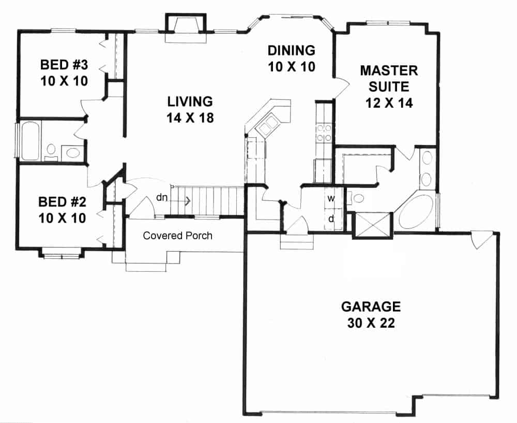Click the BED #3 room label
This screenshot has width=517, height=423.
click(x=64, y=72)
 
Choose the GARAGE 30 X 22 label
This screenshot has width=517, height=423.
click(x=371, y=314)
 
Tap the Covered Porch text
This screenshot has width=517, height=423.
click(x=177, y=236)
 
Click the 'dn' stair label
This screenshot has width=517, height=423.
click(x=161, y=197)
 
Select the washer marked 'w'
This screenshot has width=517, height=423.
click(x=331, y=197)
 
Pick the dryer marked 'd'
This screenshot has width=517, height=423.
click(x=331, y=218)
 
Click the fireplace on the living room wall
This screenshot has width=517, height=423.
click(x=185, y=28)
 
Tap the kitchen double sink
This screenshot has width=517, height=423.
click(x=270, y=125)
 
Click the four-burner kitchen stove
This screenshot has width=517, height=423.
click(x=324, y=132)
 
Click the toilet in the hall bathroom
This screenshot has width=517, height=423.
click(x=51, y=151)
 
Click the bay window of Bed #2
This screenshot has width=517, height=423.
click(x=61, y=253)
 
